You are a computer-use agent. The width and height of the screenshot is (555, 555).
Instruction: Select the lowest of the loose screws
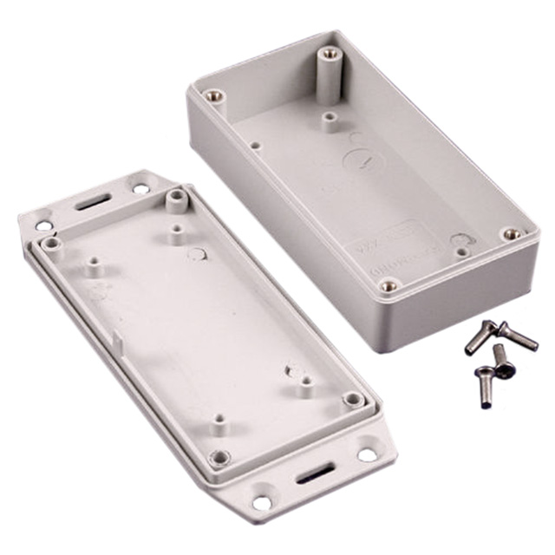484,388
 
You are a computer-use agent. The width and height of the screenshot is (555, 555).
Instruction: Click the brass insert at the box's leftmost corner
213,95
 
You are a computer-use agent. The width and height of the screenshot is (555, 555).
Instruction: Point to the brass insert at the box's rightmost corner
512,234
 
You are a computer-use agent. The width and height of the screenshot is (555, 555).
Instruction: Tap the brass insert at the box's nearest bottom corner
389,284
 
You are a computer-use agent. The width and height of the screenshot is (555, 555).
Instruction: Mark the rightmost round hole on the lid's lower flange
366,454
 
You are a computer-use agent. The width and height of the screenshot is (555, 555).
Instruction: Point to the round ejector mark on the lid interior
197,254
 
